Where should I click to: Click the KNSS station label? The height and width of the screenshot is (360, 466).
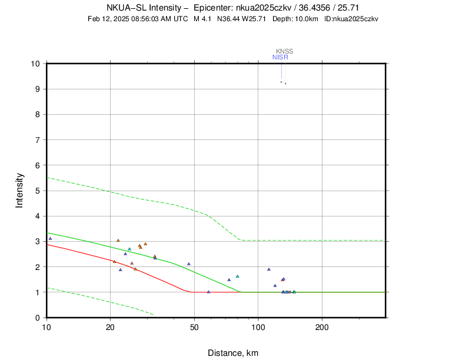pyautogui.click(x=284, y=51)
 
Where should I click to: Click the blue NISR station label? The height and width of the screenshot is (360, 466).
pyautogui.click(x=280, y=57)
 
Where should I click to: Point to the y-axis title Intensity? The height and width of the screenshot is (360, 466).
pyautogui.click(x=19, y=190)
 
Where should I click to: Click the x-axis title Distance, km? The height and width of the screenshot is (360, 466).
pyautogui.click(x=233, y=353)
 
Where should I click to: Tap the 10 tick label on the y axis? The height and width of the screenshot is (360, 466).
pyautogui.click(x=35, y=64)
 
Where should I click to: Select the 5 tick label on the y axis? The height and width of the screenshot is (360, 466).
pyautogui.click(x=37, y=191)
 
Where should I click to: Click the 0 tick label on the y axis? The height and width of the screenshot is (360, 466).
pyautogui.click(x=37, y=318)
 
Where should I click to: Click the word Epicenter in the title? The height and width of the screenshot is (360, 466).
pyautogui.click(x=215, y=8)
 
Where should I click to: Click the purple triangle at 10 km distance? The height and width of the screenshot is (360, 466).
pyautogui.click(x=50, y=239)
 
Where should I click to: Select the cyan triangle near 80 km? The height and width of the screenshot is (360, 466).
pyautogui.click(x=238, y=276)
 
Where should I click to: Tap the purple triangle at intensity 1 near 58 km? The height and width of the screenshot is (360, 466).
pyautogui.click(x=209, y=292)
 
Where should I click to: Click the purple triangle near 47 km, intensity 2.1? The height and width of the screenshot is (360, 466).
pyautogui.click(x=189, y=264)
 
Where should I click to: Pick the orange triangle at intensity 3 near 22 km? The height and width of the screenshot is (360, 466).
pyautogui.click(x=118, y=241)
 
